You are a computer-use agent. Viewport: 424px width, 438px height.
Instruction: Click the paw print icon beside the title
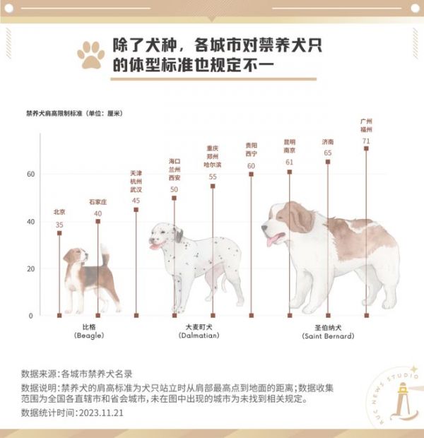(91, 55)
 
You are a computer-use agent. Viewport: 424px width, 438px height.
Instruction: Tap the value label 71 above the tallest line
(366, 141)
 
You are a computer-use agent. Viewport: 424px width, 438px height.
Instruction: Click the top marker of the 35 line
(59, 233)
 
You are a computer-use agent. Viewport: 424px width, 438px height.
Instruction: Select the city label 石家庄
(98, 202)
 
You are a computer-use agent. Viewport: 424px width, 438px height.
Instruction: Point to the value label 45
(136, 201)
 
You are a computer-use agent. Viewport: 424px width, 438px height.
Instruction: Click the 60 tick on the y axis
(31, 174)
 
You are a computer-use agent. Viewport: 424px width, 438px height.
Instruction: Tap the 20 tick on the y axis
(31, 268)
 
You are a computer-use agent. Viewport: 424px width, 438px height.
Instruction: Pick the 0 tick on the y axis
(31, 316)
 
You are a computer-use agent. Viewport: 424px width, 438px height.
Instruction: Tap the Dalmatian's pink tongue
(154, 247)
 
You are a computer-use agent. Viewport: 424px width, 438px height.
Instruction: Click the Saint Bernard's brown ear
(300, 218)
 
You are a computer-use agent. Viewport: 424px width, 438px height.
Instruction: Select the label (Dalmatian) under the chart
(199, 336)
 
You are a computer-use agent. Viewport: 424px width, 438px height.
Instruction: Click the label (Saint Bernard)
(328, 336)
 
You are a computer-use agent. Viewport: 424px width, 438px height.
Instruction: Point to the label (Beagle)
(89, 336)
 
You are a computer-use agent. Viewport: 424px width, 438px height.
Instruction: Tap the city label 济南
(328, 142)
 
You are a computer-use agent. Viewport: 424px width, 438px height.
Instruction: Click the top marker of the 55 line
(213, 186)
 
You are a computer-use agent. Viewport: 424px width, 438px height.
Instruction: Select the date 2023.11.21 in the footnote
(101, 413)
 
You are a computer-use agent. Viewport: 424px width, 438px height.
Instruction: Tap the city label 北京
(59, 212)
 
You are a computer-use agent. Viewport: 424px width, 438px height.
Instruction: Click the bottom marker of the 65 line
(328, 315)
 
